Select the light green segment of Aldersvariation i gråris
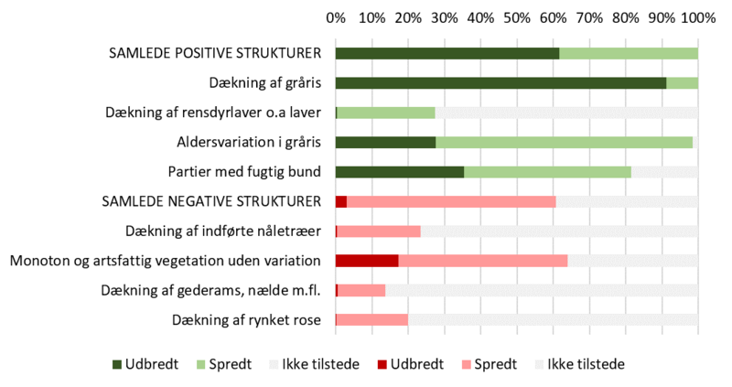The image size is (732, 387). tap(564, 143)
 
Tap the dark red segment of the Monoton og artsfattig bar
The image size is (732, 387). tap(367, 261)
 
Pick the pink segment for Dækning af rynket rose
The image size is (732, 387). tap(371, 320)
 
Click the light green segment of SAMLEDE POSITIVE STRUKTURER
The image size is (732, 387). tap(629, 53)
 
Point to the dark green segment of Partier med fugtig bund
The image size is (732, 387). tap(400, 172)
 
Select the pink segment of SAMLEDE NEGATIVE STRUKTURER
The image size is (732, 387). tap(451, 201)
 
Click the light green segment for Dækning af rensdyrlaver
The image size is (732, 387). tap(386, 113)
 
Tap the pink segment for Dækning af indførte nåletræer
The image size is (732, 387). tap(379, 231)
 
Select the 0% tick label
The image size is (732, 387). tap(336, 17)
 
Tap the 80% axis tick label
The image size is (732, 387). tap(625, 17)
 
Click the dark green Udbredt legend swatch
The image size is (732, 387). tap(116, 363)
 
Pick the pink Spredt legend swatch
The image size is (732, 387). tap(466, 363)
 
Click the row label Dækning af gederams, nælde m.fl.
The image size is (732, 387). tap(210, 291)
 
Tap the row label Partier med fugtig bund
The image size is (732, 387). tap(244, 172)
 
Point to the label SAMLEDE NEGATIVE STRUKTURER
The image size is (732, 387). tap(212, 201)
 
